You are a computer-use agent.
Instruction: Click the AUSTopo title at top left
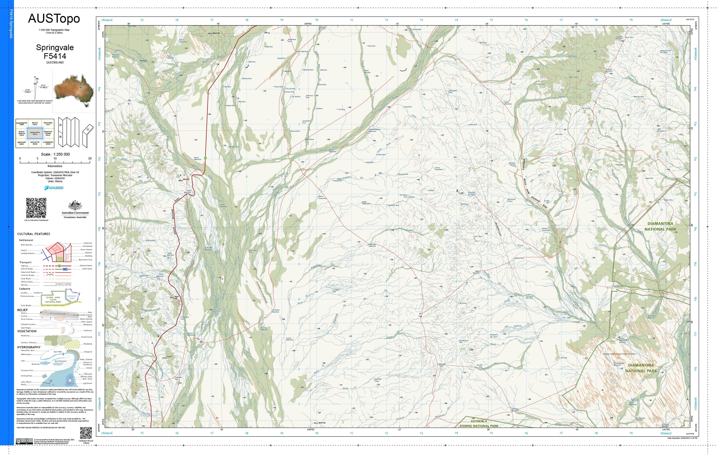(54, 18)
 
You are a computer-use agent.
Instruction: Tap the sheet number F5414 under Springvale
(55, 56)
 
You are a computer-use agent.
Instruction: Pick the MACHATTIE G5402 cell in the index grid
(35, 143)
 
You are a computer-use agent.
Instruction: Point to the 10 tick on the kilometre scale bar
(55, 159)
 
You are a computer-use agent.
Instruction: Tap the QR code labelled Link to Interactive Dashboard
(36, 208)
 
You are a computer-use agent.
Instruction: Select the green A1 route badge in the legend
(59, 266)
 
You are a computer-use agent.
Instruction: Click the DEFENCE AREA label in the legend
(72, 297)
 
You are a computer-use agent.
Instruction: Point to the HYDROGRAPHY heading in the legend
(29, 347)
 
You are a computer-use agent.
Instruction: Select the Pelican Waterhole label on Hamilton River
(332, 151)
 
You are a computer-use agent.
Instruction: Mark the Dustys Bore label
(381, 155)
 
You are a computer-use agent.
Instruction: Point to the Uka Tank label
(564, 358)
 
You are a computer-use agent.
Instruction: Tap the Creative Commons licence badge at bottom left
(25, 441)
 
